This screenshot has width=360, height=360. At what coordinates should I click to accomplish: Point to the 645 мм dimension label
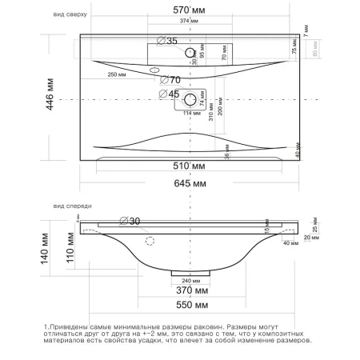coord(188,185)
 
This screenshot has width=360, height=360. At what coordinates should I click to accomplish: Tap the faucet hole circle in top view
coord(191,53)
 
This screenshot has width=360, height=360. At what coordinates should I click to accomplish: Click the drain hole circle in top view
coord(191,100)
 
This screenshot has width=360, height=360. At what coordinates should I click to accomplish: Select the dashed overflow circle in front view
coord(150,240)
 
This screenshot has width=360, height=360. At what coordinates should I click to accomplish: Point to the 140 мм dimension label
coord(48,246)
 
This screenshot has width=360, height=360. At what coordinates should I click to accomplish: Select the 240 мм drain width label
coord(191,280)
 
